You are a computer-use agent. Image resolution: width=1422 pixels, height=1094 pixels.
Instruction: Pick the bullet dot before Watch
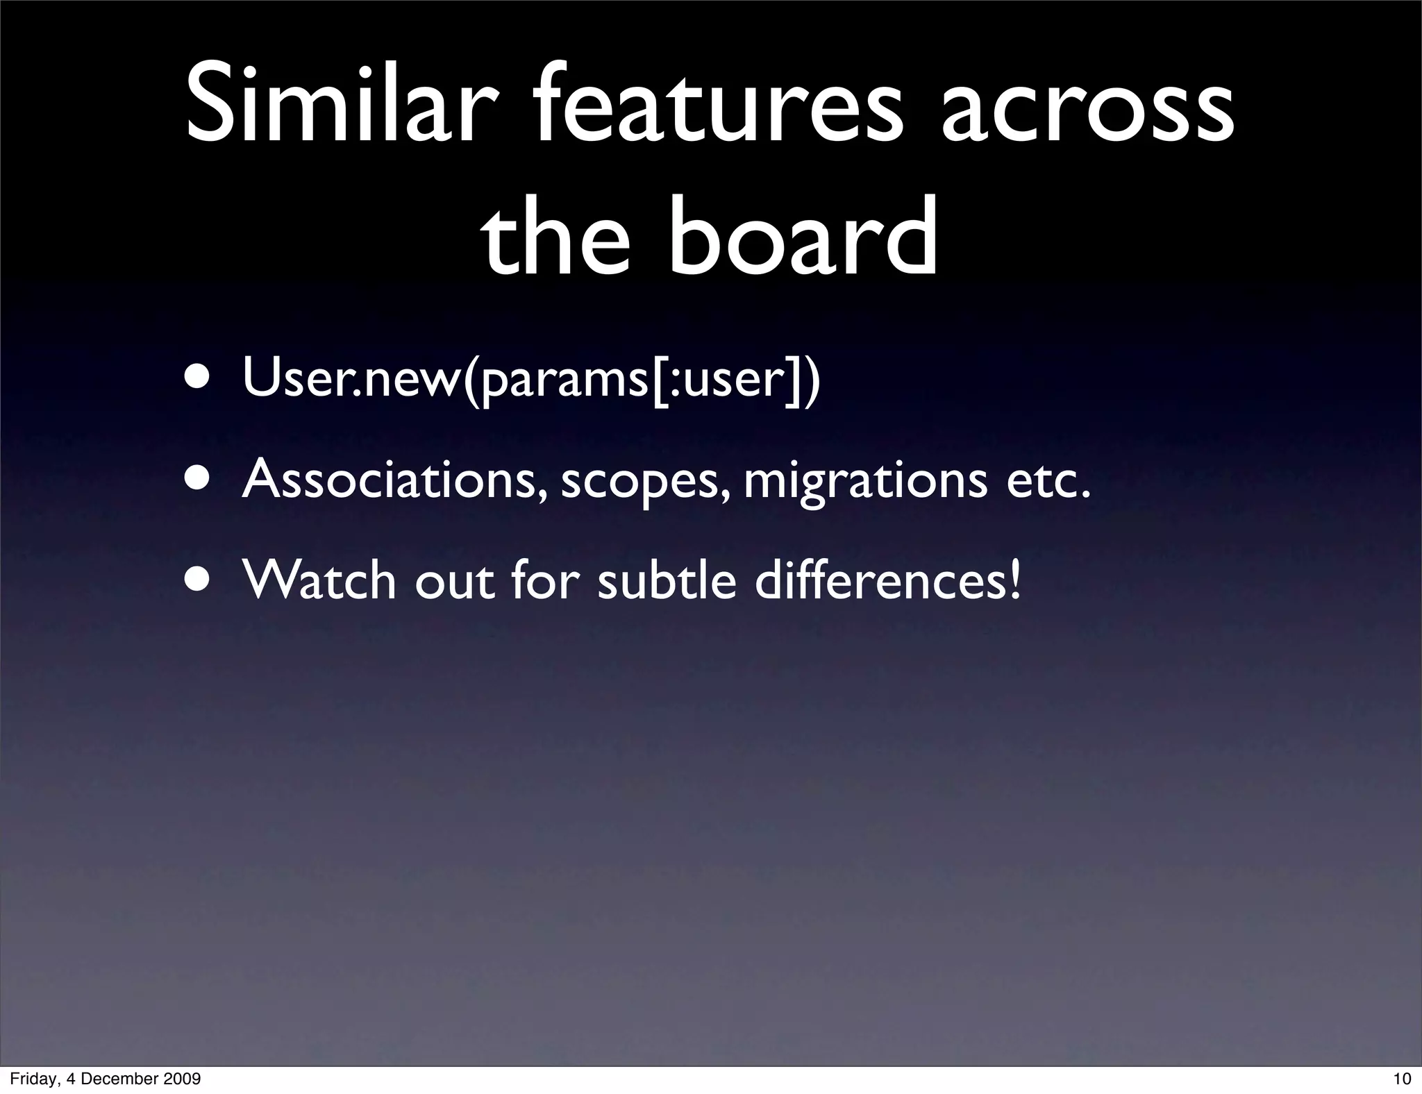click(x=199, y=580)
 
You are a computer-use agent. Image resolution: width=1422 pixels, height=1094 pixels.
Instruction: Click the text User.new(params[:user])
click(x=531, y=380)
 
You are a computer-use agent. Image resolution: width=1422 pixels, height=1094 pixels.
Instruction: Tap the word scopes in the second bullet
click(x=646, y=482)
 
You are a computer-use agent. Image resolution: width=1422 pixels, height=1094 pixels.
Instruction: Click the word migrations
click(x=865, y=482)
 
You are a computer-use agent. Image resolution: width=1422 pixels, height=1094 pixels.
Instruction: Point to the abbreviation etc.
click(x=1048, y=480)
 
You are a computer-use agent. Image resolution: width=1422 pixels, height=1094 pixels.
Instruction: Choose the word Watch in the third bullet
click(x=319, y=580)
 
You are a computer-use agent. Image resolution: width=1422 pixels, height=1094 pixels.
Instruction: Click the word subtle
click(x=667, y=580)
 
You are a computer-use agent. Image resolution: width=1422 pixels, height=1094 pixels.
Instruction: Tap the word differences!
click(x=889, y=580)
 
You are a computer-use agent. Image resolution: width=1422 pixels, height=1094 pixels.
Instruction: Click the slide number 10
click(x=1402, y=1079)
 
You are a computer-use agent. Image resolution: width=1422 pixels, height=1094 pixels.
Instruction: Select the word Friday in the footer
click(x=32, y=1079)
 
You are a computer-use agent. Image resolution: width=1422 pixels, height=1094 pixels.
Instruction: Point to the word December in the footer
click(x=122, y=1079)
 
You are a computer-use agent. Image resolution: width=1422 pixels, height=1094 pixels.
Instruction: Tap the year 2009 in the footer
click(x=182, y=1079)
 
